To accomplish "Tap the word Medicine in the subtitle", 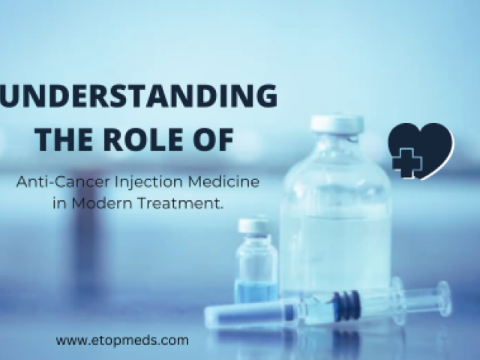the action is [223, 182].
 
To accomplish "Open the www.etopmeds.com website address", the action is [122, 340].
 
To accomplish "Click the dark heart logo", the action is [421, 151].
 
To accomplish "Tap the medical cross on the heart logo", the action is [407, 163].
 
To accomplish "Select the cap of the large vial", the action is [337, 124].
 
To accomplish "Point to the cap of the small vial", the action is [253, 226].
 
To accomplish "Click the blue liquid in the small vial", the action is [256, 293].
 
